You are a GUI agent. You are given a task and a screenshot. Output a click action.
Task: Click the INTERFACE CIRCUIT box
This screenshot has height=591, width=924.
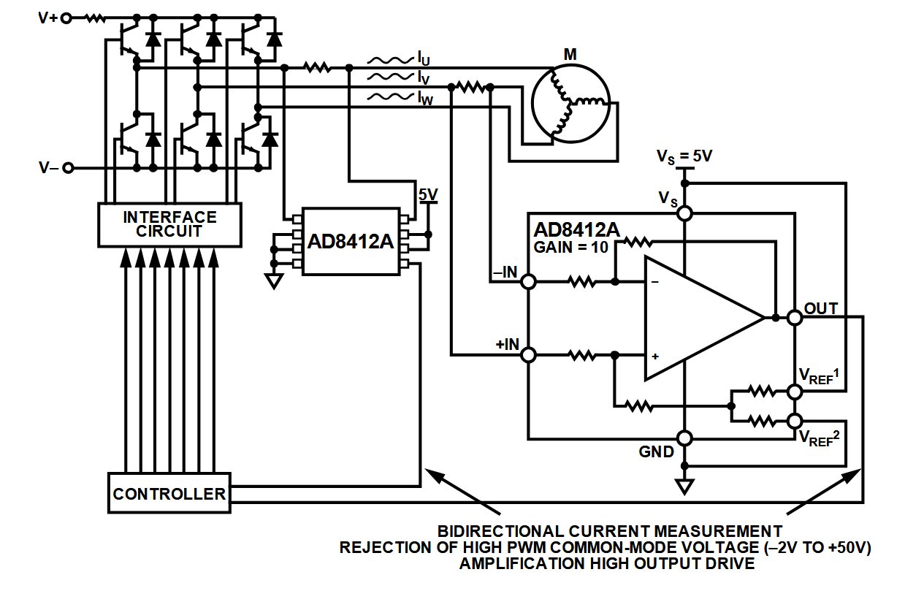click(x=169, y=224)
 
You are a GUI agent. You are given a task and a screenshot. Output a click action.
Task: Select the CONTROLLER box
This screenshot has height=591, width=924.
click(x=169, y=494)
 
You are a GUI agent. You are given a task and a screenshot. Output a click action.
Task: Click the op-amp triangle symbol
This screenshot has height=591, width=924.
click(x=698, y=319)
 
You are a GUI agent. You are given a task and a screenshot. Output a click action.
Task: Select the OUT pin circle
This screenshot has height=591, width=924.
click(x=795, y=318)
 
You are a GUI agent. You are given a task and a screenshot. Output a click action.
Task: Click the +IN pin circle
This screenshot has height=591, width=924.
click(x=528, y=355)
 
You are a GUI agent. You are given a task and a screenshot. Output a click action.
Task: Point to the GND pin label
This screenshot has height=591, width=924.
click(x=657, y=452)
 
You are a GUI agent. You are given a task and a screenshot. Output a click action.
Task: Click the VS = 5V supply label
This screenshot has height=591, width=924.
click(x=684, y=156)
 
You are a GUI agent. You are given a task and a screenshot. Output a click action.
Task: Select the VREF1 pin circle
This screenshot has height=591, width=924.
click(x=795, y=392)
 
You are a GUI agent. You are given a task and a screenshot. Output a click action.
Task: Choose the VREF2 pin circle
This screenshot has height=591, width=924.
click(x=795, y=422)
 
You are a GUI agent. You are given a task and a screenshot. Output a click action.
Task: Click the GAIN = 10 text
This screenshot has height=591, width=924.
click(x=571, y=247)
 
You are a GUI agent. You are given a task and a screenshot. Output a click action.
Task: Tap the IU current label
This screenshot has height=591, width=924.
click(x=424, y=56)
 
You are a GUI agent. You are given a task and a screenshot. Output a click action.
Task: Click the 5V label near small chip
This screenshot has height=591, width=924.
click(x=428, y=194)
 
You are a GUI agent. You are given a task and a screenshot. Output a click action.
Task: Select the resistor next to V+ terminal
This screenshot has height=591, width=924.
click(x=95, y=18)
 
